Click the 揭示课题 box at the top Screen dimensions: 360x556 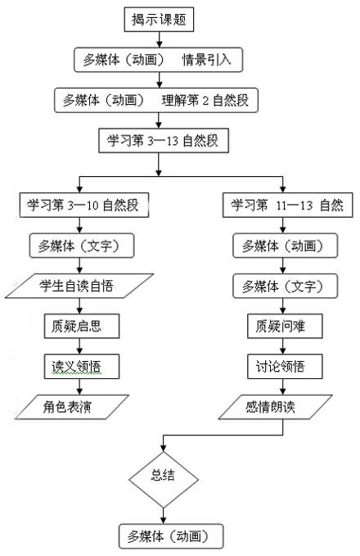pos(159,20)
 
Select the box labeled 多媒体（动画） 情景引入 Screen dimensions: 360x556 pos(159,60)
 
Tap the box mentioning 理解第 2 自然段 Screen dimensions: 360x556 pos(156,101)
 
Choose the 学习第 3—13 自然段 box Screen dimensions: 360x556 pos(164,141)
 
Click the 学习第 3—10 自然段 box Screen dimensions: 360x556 pos(84,205)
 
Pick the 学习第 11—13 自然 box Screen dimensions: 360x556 pos(288,205)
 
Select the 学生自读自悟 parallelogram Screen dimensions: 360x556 pos(79,286)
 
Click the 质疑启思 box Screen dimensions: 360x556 pos(82,326)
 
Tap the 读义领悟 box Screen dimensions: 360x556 pos(82,366)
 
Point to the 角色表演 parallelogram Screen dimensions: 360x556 pos(72,407)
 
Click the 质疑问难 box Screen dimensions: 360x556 pos(285,326)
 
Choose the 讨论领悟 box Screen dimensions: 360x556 pos(285,366)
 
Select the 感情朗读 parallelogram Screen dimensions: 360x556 pos(275,407)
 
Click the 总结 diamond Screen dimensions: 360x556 pos(164,479)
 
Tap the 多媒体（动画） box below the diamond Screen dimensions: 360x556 pos(171,536)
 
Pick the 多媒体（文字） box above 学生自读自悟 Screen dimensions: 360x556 pos(82,246)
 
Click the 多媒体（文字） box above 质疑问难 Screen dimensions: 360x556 pos(286,286)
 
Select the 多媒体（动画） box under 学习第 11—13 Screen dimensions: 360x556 pos(286,246)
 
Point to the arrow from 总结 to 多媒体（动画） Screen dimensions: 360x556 pos(164,516)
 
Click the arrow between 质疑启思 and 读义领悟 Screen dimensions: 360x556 pos(79,346)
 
